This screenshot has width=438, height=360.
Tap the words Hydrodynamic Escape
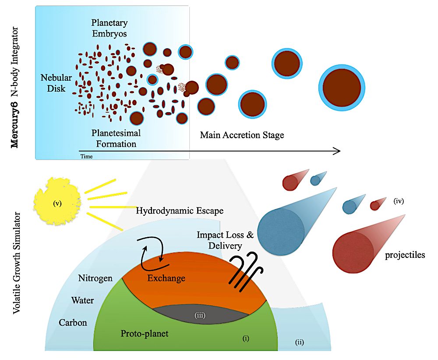[x=180, y=211]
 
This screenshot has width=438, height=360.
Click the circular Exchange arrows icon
[x=153, y=253]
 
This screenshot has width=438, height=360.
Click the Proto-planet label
[x=144, y=334]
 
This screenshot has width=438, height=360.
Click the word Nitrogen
[x=95, y=278]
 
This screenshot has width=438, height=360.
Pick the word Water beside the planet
[x=82, y=301]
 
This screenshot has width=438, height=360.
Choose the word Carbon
[x=73, y=323]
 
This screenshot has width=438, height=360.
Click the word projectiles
[x=405, y=255]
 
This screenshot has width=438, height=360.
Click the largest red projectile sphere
[x=353, y=253]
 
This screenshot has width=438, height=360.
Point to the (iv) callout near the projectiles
[x=398, y=202]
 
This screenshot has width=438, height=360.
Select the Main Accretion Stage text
[x=242, y=135]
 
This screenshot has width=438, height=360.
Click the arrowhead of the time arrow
[x=337, y=151]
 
